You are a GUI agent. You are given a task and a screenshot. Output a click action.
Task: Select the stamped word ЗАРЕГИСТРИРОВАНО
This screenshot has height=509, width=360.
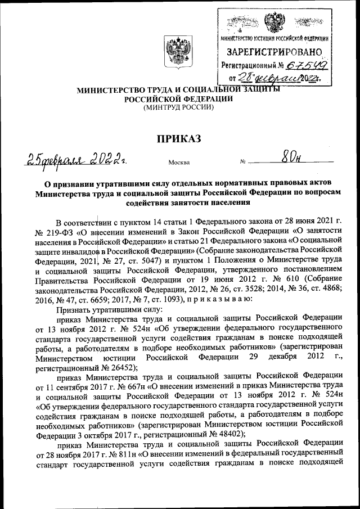tap(274, 52)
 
